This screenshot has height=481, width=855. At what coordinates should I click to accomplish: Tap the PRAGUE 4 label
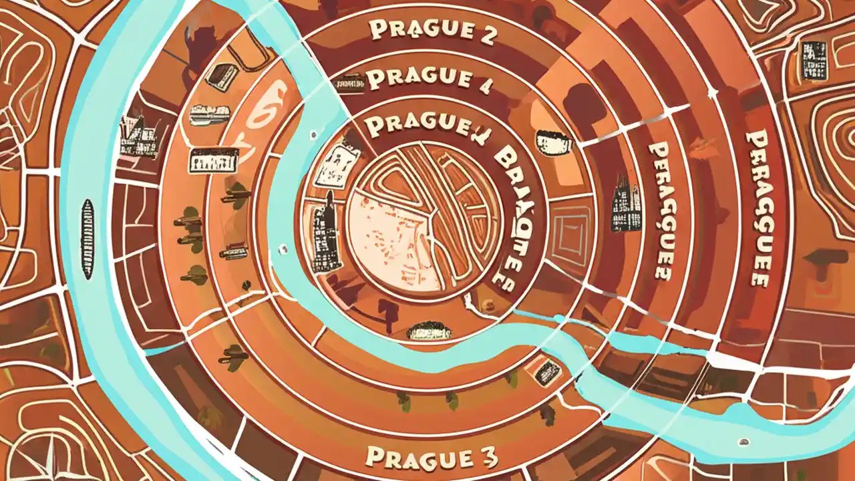(x=419, y=77)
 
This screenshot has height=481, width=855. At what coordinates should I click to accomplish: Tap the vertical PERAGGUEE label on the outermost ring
(x=756, y=207)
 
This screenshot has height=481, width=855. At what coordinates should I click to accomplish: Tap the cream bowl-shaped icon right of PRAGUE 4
(x=554, y=143)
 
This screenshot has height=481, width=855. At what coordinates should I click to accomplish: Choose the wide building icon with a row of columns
(x=213, y=160)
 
